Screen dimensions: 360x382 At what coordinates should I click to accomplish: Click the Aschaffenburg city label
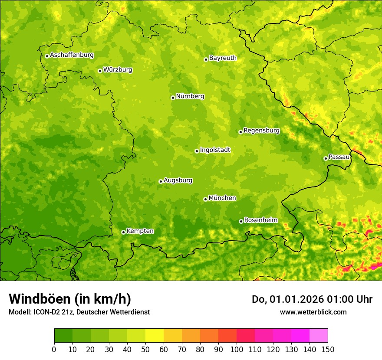point(72,55)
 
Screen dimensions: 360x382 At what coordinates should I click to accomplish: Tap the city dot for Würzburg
point(100,71)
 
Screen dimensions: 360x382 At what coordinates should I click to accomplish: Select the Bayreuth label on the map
point(223,58)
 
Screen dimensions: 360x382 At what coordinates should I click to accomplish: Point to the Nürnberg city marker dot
point(173,98)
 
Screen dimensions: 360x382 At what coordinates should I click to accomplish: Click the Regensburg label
point(261,131)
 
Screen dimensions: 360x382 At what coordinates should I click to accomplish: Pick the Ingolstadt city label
point(215,150)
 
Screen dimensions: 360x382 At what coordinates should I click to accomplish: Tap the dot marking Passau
point(326,158)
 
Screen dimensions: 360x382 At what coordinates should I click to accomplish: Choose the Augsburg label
point(178,180)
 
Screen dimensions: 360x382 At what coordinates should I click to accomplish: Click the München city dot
point(205,199)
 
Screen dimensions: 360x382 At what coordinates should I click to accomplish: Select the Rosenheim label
point(260,220)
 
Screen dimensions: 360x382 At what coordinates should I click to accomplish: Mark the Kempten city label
point(140,231)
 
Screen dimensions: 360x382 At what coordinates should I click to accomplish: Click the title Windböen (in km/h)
point(69,299)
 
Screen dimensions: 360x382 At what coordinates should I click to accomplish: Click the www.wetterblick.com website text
point(313,312)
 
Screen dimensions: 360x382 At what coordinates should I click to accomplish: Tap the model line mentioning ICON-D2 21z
point(79,312)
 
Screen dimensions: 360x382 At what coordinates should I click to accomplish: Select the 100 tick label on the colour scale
point(237,349)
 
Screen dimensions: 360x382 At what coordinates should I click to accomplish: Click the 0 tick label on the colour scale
point(54,349)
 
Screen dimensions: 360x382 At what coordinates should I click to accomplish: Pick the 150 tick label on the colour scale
point(328,349)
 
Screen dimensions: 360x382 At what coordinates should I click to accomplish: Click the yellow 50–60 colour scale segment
point(155,336)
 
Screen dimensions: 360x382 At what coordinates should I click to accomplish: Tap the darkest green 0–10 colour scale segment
point(63,336)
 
